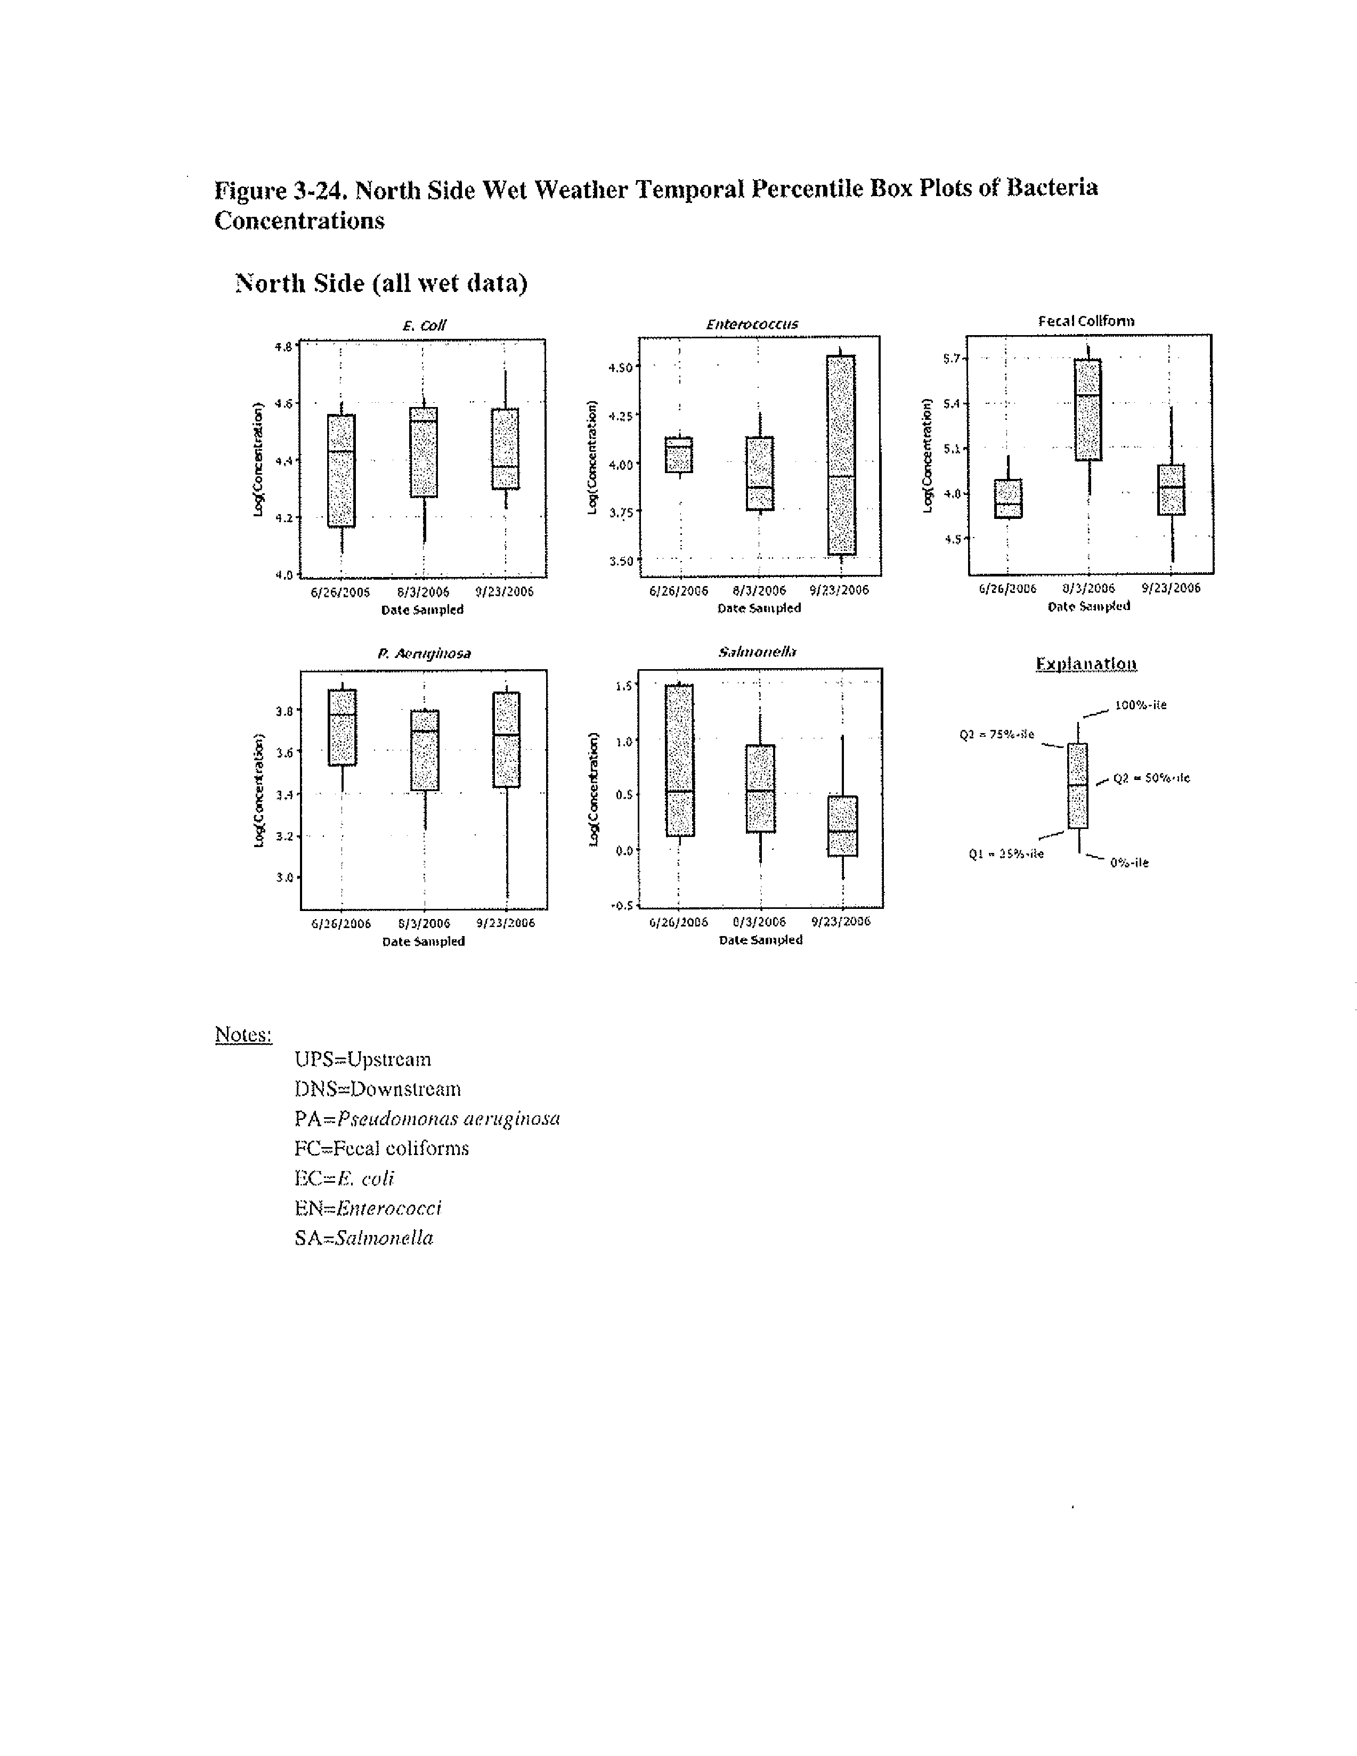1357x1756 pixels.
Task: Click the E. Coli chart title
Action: click(424, 326)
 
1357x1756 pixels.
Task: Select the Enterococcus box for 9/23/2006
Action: click(841, 454)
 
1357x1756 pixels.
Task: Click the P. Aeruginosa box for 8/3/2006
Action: click(425, 750)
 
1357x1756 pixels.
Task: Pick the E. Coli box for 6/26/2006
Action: click(341, 470)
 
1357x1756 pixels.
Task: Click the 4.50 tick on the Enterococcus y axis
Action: click(621, 368)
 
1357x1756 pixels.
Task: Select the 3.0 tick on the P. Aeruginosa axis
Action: click(284, 877)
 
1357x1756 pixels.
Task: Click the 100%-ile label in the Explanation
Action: click(1140, 705)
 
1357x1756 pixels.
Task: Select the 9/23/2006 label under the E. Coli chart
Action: click(504, 592)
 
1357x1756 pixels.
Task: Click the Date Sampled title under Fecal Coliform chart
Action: click(1088, 606)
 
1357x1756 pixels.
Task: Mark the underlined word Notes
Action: click(243, 1034)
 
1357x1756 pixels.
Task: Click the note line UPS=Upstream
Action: click(363, 1059)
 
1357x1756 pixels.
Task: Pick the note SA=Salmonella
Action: click(363, 1238)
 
